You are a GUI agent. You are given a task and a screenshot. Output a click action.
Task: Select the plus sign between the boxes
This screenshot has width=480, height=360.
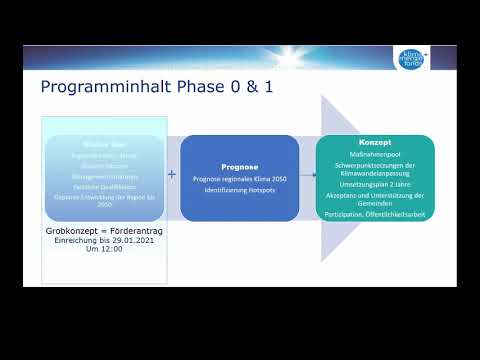pos(171,174)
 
